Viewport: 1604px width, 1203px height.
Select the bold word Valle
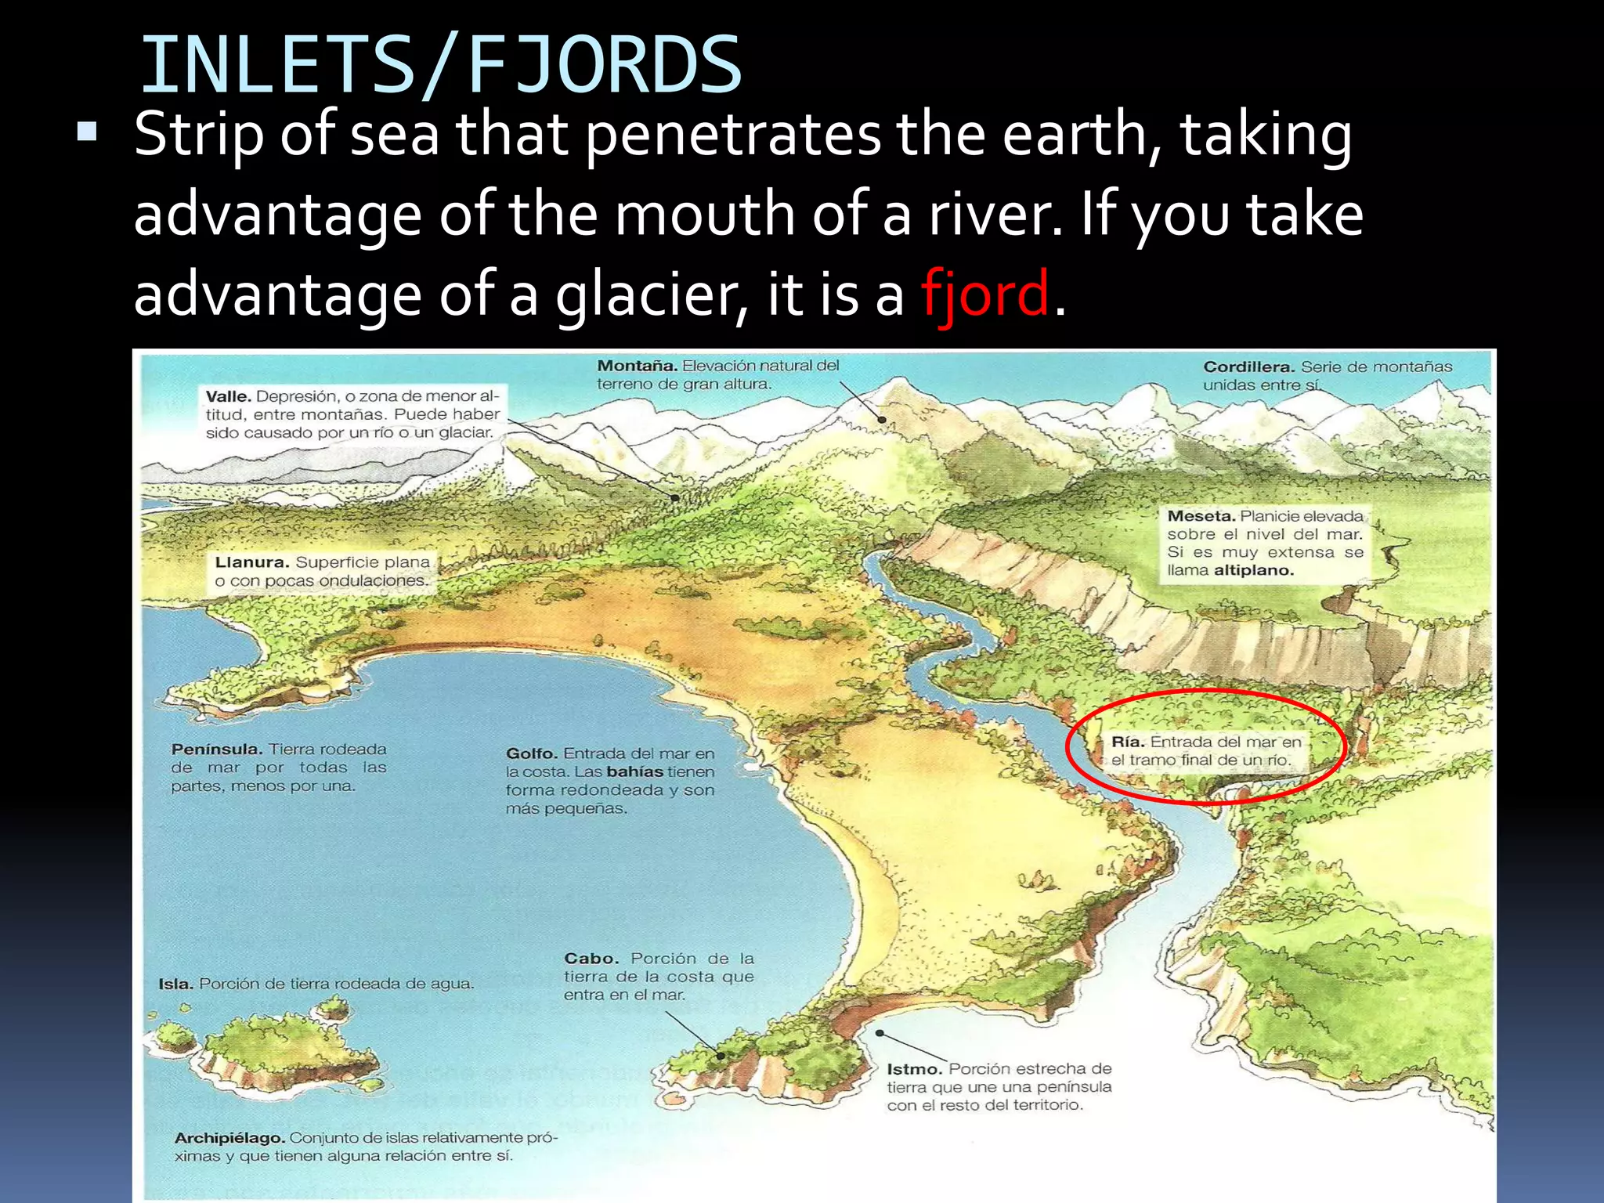point(228,396)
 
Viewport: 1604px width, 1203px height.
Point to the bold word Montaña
point(637,366)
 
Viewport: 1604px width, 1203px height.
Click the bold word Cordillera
point(1248,367)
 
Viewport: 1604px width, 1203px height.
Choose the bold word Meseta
point(1201,516)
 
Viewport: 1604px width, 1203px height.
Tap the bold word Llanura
point(251,562)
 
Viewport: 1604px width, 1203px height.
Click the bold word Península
point(216,750)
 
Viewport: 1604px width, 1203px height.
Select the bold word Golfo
point(532,753)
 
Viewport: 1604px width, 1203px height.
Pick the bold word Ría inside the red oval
point(1128,742)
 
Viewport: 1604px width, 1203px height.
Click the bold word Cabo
point(591,959)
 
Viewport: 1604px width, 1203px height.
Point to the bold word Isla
point(175,984)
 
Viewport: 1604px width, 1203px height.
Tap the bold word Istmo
point(914,1069)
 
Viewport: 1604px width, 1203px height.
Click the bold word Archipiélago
point(229,1137)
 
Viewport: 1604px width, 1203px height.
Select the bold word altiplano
point(1253,570)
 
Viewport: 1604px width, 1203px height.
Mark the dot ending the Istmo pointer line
point(880,1033)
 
